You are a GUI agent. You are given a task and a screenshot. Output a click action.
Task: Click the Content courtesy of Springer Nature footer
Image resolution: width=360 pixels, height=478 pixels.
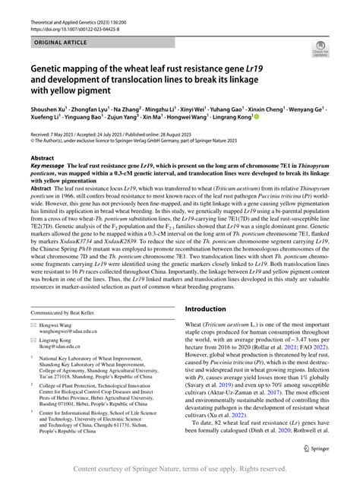[x=180, y=470]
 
